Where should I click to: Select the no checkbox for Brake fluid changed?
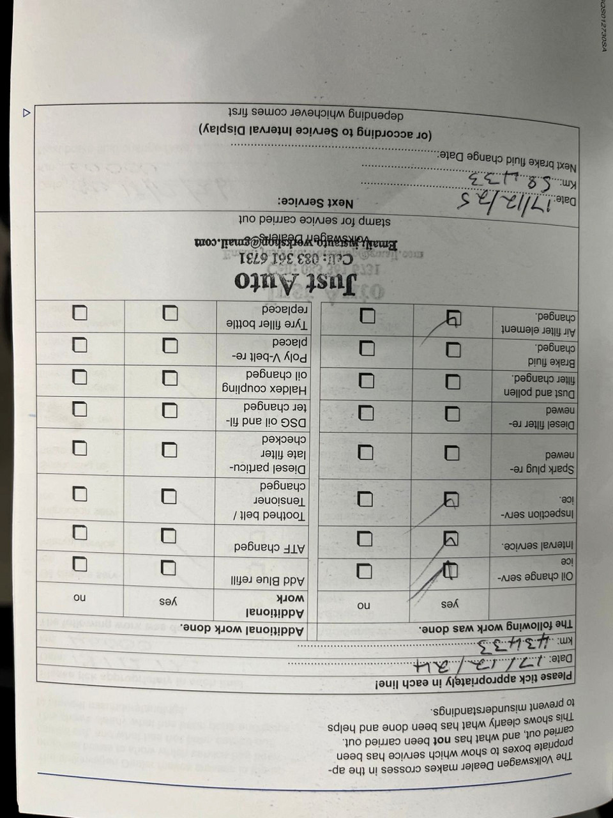pyautogui.click(x=367, y=348)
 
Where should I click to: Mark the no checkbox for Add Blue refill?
pyautogui.click(x=528, y=564)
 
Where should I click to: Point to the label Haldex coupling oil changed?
pyautogui.click(x=274, y=382)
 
